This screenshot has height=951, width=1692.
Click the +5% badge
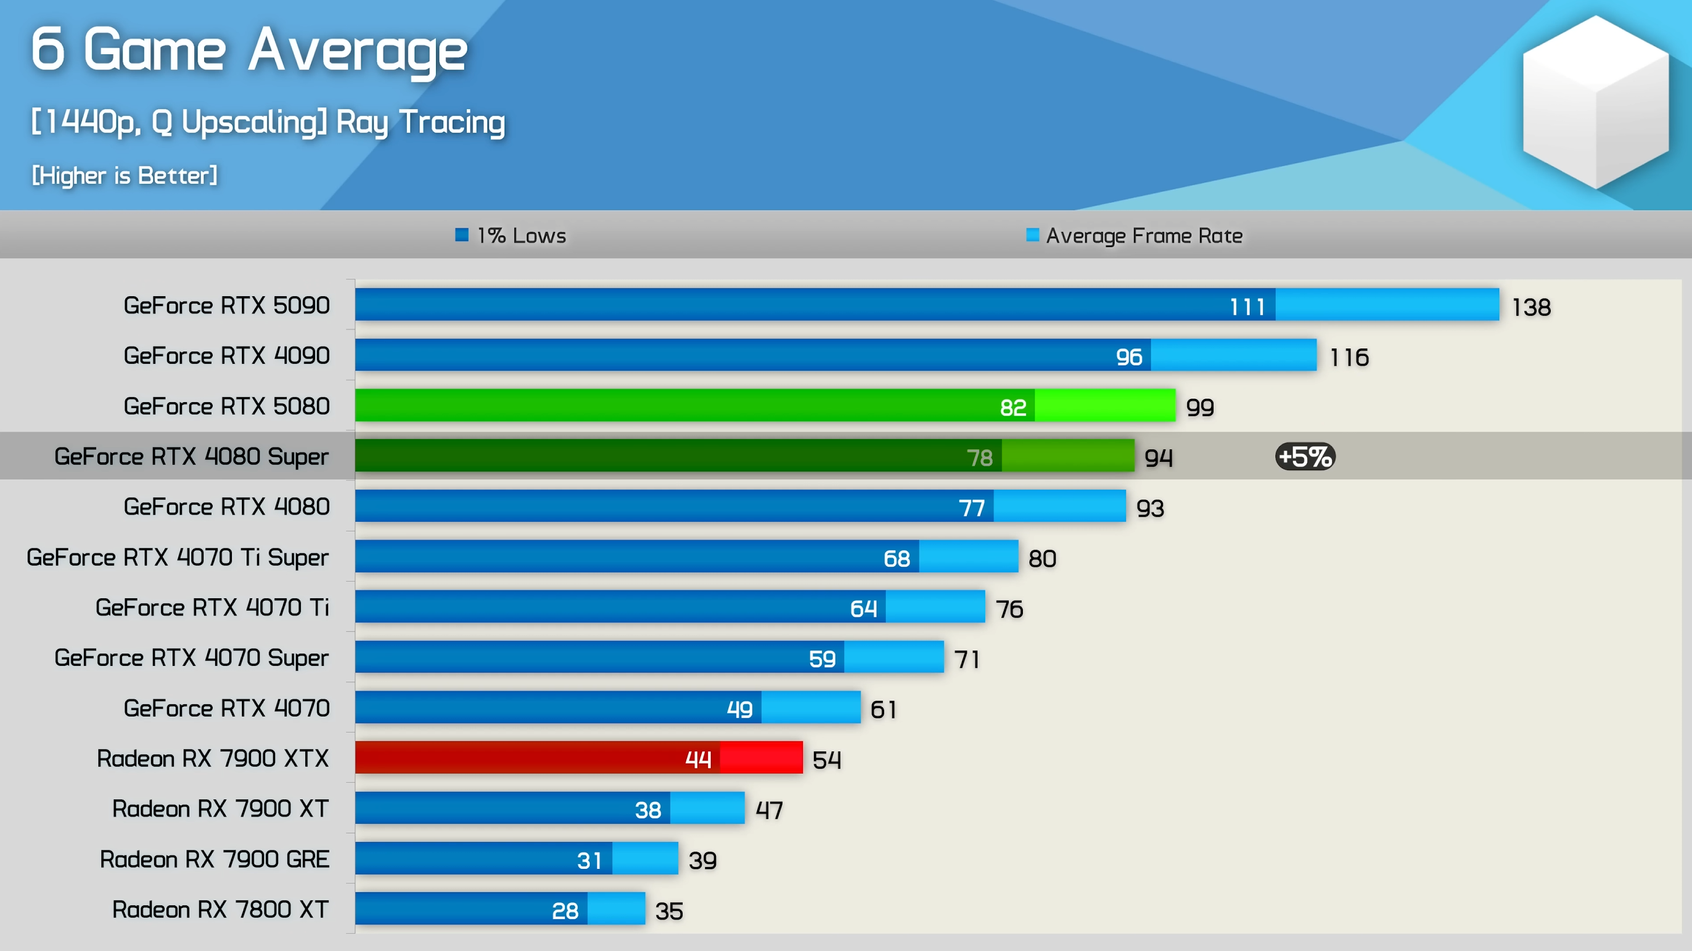[1305, 456]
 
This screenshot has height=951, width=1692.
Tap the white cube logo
[1595, 102]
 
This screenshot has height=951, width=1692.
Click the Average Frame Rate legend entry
[1135, 235]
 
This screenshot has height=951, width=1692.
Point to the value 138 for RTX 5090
[1531, 307]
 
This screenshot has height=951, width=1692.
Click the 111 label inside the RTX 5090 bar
[1247, 307]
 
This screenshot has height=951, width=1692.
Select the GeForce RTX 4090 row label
[227, 355]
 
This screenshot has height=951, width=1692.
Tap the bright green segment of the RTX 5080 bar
[1105, 405]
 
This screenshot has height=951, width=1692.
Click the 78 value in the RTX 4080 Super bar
[979, 457]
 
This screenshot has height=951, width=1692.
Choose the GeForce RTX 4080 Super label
[191, 456]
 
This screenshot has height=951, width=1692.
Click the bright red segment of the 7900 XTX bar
[762, 757]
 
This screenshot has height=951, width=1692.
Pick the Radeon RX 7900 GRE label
[214, 858]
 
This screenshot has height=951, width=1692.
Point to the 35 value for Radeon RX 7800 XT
[668, 911]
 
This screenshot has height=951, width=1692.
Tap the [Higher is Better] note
[125, 175]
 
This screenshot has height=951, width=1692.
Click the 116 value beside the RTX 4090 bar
[1349, 357]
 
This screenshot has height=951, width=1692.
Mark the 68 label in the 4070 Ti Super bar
[897, 558]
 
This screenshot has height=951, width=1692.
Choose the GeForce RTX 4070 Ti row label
[212, 607]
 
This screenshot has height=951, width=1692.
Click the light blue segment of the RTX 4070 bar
[810, 707]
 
